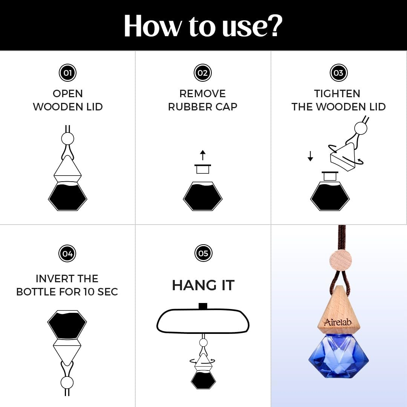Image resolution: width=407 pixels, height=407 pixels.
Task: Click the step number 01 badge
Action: pyautogui.click(x=67, y=73)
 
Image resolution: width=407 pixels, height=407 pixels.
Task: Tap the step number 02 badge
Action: pyautogui.click(x=203, y=73)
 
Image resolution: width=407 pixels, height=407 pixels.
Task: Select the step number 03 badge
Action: pyautogui.click(x=338, y=73)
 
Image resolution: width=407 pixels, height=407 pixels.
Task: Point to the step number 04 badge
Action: pyautogui.click(x=67, y=253)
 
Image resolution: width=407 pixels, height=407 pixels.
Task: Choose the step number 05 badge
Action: pyautogui.click(x=203, y=253)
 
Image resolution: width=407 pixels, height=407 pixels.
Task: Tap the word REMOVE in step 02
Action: pyautogui.click(x=202, y=94)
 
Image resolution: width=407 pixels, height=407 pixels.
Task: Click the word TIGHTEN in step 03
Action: pyautogui.click(x=337, y=94)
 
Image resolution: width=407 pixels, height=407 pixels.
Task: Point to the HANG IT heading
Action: pyautogui.click(x=203, y=285)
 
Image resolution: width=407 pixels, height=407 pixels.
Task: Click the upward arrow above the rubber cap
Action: pyautogui.click(x=203, y=155)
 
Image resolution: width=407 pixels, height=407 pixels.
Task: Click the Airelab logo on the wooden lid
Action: pyautogui.click(x=337, y=322)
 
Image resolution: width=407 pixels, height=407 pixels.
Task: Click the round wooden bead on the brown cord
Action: pyautogui.click(x=341, y=260)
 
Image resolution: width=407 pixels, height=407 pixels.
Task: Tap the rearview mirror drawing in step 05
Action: pyautogui.click(x=203, y=321)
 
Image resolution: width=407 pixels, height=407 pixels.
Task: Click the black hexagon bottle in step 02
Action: pyautogui.click(x=203, y=196)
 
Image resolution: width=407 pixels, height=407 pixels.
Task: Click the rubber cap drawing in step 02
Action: pyautogui.click(x=203, y=169)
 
